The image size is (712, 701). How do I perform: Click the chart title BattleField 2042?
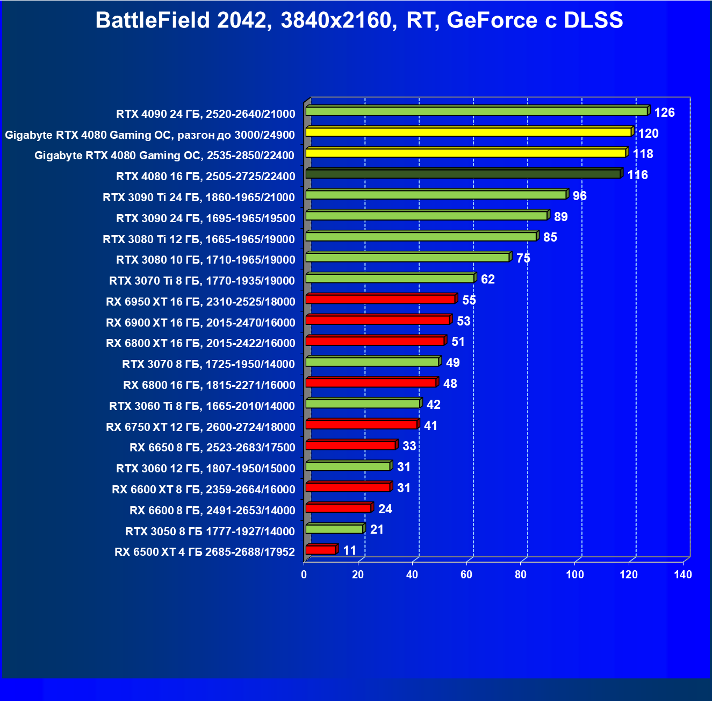tap(359, 20)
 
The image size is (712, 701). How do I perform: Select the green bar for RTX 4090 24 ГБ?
tap(477, 111)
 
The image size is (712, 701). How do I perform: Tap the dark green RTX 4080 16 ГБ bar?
tap(463, 174)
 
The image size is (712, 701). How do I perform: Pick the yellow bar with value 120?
tap(468, 132)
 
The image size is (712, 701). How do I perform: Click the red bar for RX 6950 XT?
tap(380, 299)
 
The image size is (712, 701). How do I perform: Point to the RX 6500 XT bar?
tap(321, 550)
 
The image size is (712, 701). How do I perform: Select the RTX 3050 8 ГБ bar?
tap(334, 529)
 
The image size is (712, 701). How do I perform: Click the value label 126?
tap(664, 112)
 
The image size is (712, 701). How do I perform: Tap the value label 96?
tap(579, 196)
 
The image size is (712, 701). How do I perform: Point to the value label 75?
tap(523, 259)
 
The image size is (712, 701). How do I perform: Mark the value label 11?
tap(350, 550)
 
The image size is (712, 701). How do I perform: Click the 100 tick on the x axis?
tap(574, 575)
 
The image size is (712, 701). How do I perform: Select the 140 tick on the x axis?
tap(683, 575)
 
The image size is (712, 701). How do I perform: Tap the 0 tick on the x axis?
tap(304, 575)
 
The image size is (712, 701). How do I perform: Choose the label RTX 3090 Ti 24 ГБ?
tap(199, 197)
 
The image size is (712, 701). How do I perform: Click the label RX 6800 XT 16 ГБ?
tap(200, 343)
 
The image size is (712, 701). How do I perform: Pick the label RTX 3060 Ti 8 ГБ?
tap(202, 406)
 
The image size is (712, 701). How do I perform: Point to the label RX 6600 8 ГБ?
tap(212, 511)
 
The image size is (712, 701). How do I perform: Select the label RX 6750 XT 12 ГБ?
tap(200, 427)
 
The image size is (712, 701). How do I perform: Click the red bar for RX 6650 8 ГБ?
tap(350, 445)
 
